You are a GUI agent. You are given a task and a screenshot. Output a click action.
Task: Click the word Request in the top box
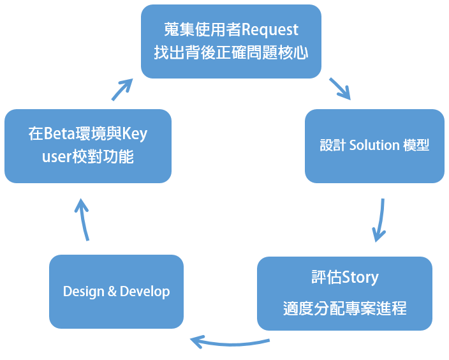[x=270, y=31]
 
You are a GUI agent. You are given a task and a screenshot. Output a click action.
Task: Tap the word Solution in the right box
[x=374, y=145]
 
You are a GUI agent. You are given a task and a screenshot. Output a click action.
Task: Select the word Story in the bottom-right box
[x=360, y=278]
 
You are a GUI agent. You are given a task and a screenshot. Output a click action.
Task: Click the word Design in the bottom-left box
[x=84, y=292]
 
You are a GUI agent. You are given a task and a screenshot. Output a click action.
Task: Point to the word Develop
[x=145, y=292]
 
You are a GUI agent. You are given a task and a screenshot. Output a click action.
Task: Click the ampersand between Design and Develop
[x=112, y=292]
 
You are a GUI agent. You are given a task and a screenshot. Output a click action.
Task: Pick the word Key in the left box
[x=135, y=134]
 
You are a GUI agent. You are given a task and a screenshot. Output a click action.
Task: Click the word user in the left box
[x=57, y=158]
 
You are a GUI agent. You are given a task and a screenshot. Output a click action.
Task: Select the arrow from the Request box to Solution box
[x=340, y=89]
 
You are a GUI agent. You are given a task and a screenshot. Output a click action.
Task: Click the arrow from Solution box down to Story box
[x=379, y=220]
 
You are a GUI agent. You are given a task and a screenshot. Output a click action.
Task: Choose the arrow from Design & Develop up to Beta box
[x=82, y=220]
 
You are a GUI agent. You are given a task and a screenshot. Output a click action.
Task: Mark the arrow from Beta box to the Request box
[x=122, y=89]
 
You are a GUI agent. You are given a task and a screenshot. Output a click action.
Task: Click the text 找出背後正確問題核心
[x=231, y=53]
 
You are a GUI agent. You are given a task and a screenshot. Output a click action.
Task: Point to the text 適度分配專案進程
[x=345, y=309]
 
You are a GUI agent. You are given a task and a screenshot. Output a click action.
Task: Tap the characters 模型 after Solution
[x=416, y=145]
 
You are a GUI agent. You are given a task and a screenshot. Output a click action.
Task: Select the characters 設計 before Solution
[x=333, y=145]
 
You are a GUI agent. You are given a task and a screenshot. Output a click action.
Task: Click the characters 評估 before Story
[x=327, y=278]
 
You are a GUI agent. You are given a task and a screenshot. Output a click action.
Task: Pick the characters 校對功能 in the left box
[x=103, y=157]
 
